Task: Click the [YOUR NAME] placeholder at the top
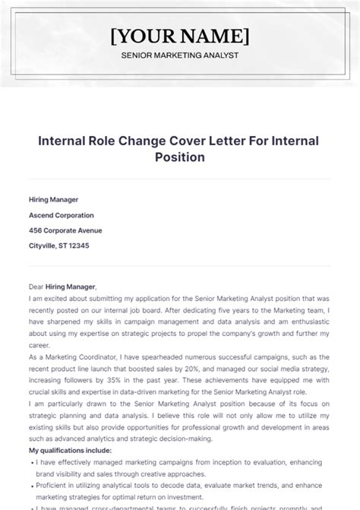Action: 179,35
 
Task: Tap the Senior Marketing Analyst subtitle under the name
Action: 179,55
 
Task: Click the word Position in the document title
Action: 179,158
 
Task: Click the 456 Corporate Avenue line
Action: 65,230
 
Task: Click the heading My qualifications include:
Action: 69,451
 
